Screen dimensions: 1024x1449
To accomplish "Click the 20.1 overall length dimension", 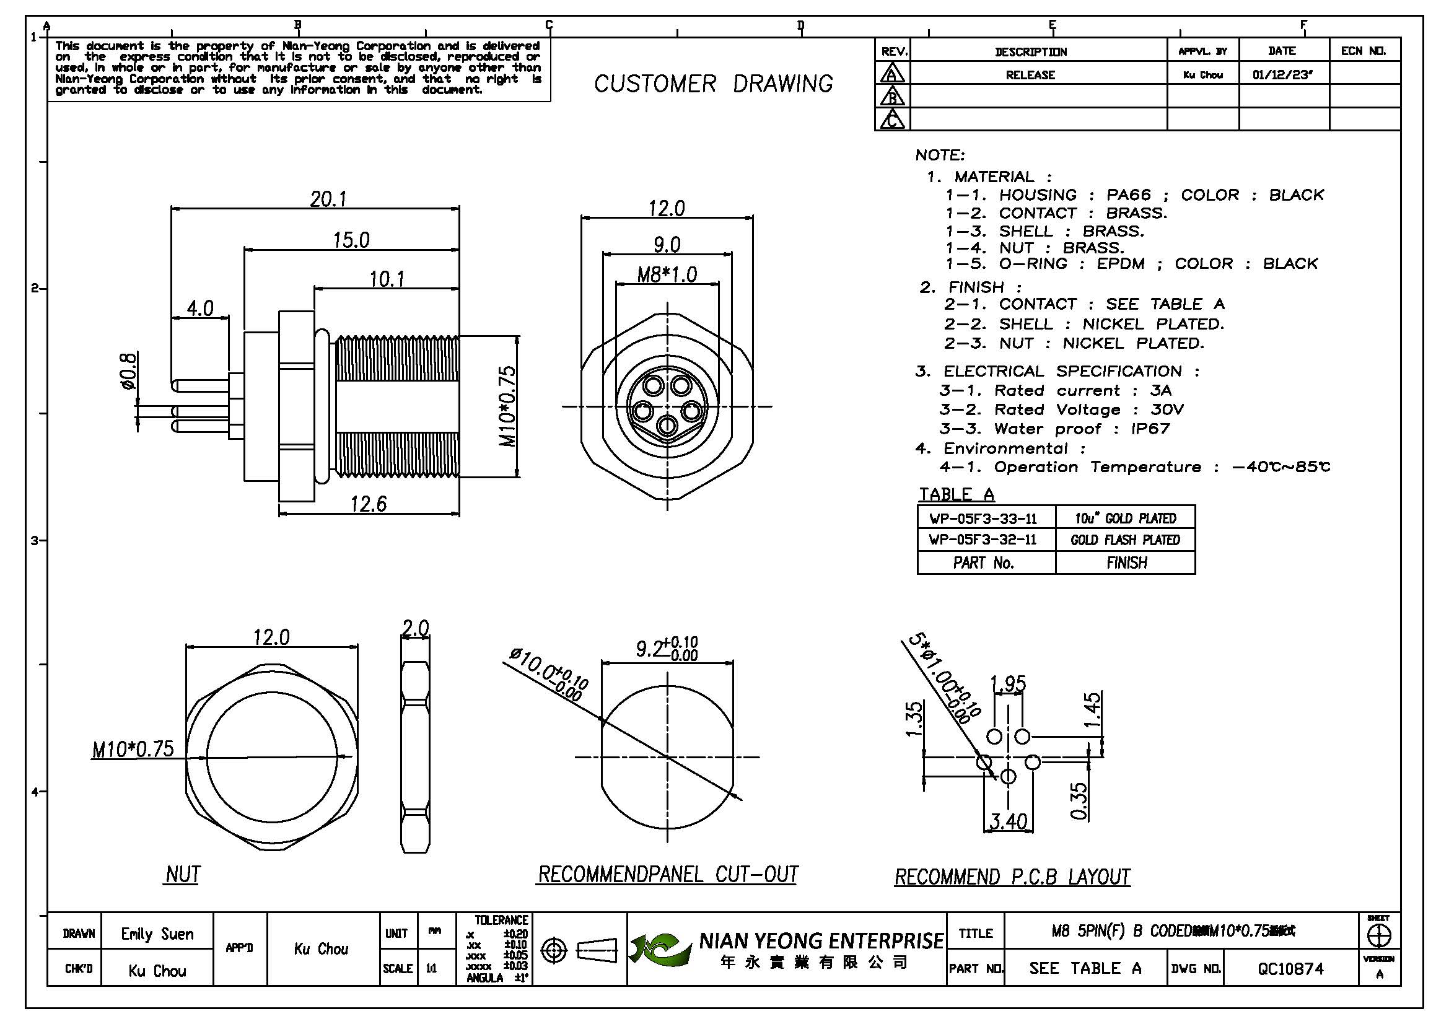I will click(328, 199).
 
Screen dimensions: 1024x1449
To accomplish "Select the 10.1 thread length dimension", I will click(387, 278).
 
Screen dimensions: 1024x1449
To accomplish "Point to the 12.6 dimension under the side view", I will click(369, 504).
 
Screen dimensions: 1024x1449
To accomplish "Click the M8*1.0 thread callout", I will click(667, 274).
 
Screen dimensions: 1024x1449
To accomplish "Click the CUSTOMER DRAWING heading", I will click(713, 84).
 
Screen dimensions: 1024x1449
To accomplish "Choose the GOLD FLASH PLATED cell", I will click(1124, 540).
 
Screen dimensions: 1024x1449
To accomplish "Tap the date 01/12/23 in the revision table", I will click(1282, 74).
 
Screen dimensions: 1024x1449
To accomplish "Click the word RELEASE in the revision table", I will click(1030, 75).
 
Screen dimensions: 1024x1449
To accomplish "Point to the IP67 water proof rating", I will click(1150, 429).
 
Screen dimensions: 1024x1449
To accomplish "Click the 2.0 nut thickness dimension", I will click(415, 628).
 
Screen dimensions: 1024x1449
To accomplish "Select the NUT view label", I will click(182, 875).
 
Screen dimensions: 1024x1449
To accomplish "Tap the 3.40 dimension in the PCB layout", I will click(1008, 821).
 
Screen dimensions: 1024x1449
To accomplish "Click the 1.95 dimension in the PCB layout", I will click(1008, 683).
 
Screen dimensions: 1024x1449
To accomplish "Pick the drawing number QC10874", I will click(1290, 968).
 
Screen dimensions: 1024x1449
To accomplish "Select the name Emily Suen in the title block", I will click(157, 934).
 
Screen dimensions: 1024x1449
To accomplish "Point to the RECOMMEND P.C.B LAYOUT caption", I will click(1012, 877).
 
